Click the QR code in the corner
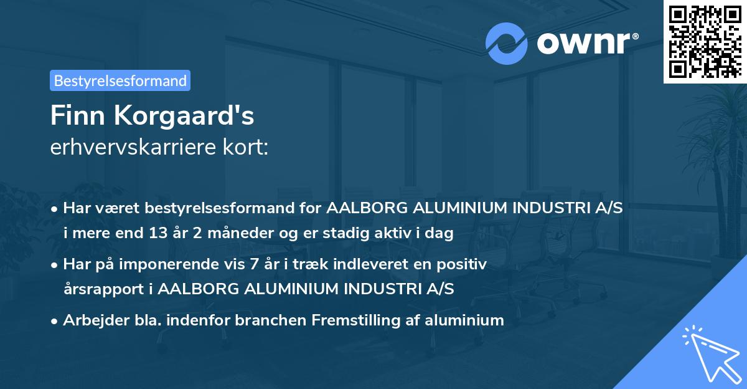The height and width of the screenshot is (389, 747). [x=705, y=41]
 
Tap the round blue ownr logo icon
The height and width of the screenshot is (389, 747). [x=506, y=44]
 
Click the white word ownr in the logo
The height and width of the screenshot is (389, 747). [x=583, y=43]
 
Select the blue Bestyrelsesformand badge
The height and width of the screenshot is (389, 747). [x=120, y=80]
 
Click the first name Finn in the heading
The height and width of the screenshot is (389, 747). [x=78, y=115]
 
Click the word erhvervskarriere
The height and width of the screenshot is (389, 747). [x=133, y=147]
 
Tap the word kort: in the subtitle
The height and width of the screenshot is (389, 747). [x=245, y=147]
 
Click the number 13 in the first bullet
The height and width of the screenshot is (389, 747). [x=158, y=233]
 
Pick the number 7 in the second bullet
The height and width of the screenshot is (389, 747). [x=254, y=264]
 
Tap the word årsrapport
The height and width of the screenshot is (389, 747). [x=104, y=289]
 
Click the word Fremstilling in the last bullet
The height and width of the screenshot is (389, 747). [x=355, y=320]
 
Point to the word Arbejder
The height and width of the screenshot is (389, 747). [x=96, y=320]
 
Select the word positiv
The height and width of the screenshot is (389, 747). [x=462, y=265]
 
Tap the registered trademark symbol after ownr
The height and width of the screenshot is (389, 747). [x=635, y=36]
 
